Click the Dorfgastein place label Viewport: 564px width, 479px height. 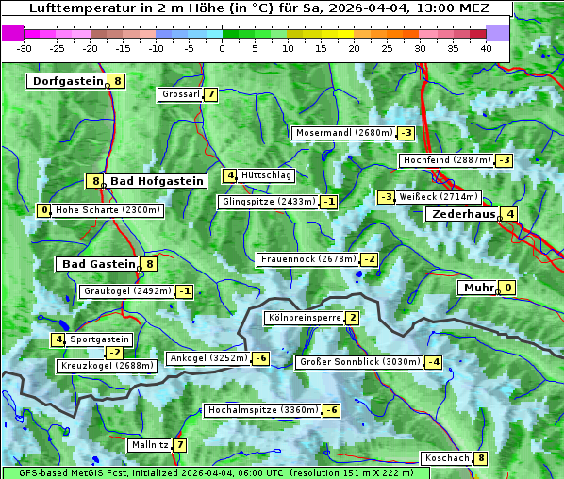click(67, 81)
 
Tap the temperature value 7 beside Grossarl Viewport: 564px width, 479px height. click(212, 94)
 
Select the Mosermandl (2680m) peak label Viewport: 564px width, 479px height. click(343, 133)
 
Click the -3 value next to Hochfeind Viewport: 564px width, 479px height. click(504, 160)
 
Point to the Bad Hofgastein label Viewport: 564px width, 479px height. click(157, 180)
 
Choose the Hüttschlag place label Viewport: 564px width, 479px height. click(267, 175)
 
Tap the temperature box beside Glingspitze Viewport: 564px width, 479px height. click(329, 202)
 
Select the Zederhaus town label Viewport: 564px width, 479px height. click(463, 214)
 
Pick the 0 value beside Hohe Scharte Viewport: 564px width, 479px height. click(44, 210)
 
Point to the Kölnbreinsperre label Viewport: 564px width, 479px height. click(304, 319)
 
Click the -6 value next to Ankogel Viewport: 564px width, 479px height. click(260, 358)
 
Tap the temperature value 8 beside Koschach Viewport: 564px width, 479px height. click(481, 458)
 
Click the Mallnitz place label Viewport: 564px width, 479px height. click(150, 445)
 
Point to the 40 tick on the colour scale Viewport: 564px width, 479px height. click(486, 48)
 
